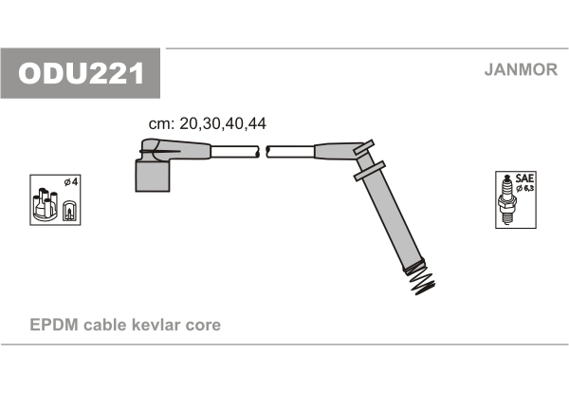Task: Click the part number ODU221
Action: pyautogui.click(x=81, y=73)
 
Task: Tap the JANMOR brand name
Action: pyautogui.click(x=521, y=69)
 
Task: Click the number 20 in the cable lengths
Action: pyautogui.click(x=189, y=123)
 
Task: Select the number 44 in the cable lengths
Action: pyautogui.click(x=257, y=123)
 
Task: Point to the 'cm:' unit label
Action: pyautogui.click(x=162, y=124)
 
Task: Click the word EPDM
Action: pyautogui.click(x=54, y=325)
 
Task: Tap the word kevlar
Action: pyautogui.click(x=156, y=325)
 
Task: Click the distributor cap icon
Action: pyautogui.click(x=45, y=204)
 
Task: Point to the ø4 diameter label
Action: pyautogui.click(x=71, y=181)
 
